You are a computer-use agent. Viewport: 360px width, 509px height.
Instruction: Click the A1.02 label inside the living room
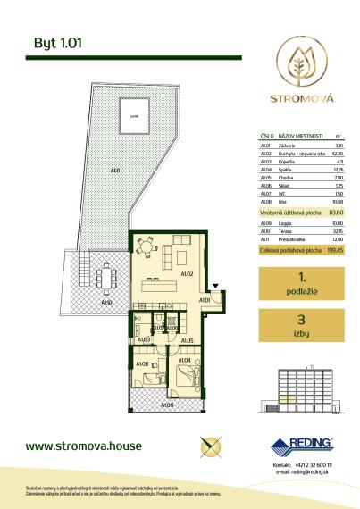[x=188, y=273]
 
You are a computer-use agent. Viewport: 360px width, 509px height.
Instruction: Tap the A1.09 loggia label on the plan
[x=167, y=405]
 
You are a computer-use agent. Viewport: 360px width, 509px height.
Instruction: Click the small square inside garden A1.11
[x=133, y=114]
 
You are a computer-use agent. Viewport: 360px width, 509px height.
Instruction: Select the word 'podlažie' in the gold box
[x=302, y=292]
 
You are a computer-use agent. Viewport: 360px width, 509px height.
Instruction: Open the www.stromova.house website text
[x=80, y=445]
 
